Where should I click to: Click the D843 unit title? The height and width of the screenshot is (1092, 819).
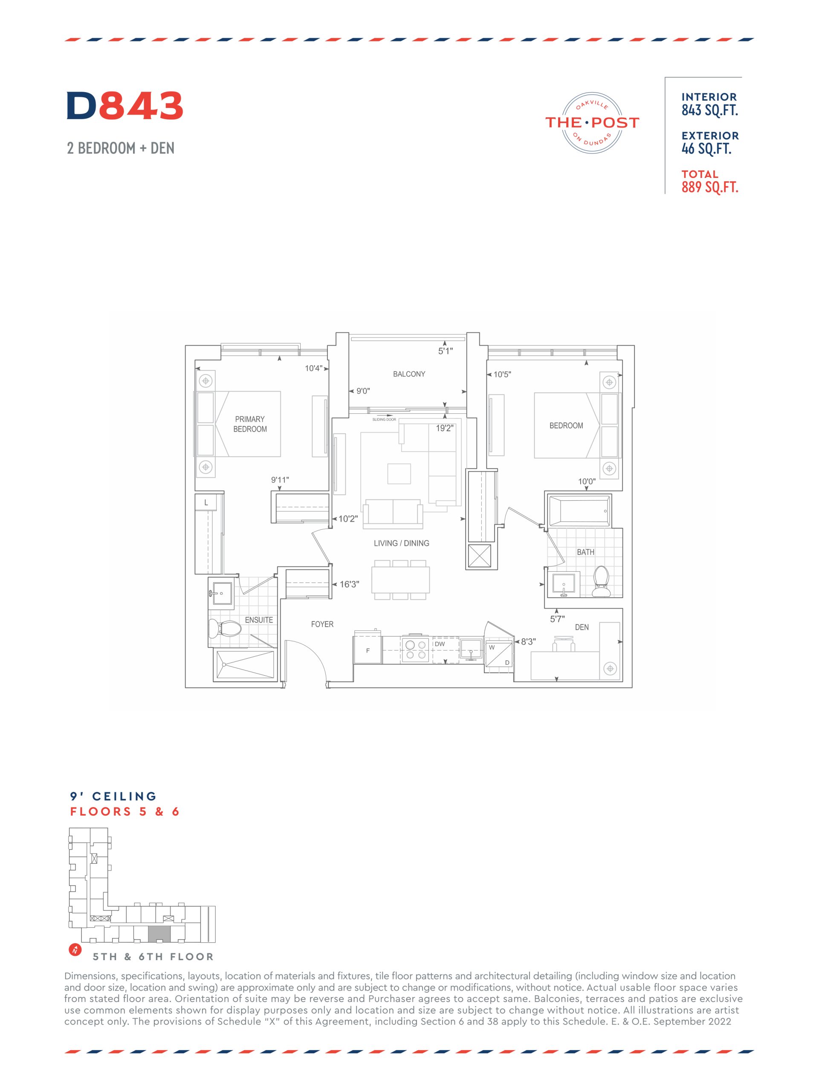(x=125, y=106)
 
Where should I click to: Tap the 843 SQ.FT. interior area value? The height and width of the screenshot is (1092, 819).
(x=709, y=110)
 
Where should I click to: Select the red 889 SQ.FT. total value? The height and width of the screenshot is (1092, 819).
(x=709, y=187)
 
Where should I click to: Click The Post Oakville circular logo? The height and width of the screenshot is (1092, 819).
(x=592, y=122)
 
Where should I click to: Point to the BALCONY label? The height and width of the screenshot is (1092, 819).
(x=409, y=374)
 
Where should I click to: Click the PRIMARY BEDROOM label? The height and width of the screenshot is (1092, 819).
(x=250, y=424)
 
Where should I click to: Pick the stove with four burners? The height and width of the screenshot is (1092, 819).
(x=416, y=649)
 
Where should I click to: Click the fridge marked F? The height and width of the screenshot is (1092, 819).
(x=368, y=650)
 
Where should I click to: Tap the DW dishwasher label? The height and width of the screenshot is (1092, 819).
(x=440, y=644)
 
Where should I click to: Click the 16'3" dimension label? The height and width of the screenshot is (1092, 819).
(x=349, y=584)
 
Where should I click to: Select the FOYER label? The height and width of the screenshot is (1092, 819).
(x=322, y=624)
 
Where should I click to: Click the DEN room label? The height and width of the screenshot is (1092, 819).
(x=582, y=627)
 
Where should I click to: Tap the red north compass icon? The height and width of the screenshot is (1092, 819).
(x=75, y=950)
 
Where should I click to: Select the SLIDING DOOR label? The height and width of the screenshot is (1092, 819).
(x=384, y=420)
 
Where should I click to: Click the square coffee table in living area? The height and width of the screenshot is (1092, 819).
(x=399, y=474)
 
